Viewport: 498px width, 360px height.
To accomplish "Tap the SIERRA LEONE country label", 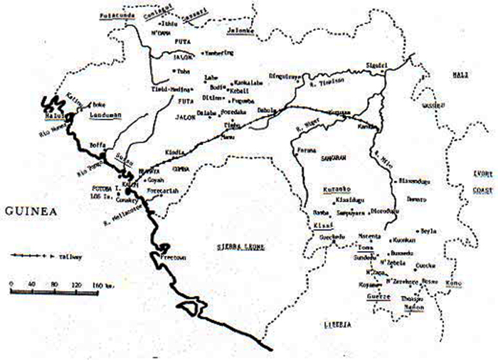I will [239, 244].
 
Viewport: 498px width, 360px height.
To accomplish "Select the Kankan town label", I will [368, 127].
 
